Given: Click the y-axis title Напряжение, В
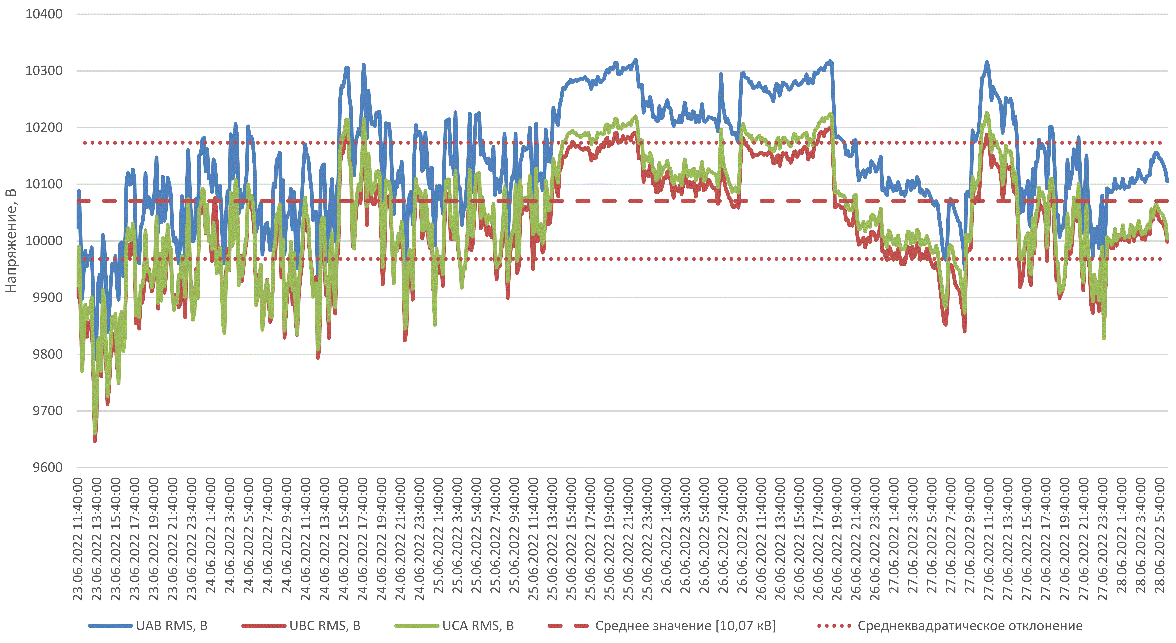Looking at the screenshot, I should tap(11, 241).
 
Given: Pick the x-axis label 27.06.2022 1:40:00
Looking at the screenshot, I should tap(894, 535).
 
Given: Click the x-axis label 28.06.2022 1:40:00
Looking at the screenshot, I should tap(1122, 535).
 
